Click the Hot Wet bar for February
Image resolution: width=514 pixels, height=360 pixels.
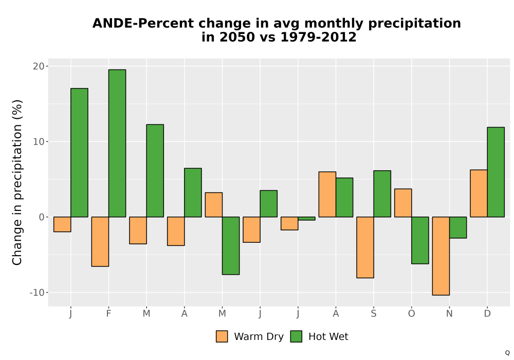(117, 143)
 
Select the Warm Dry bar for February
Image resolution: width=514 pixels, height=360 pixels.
(100, 242)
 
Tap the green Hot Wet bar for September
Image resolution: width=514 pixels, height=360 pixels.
(382, 194)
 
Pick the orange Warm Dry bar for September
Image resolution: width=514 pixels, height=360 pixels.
(365, 247)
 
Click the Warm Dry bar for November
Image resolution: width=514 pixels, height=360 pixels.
(441, 256)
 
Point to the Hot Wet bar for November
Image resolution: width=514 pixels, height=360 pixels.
(458, 227)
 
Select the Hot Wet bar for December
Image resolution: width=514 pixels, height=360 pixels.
(495, 172)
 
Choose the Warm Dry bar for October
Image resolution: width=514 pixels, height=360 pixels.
(403, 203)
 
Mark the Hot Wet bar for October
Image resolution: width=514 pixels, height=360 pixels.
(420, 240)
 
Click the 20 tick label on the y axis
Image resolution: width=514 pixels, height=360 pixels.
(39, 66)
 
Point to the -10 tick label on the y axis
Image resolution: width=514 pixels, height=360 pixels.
(37, 293)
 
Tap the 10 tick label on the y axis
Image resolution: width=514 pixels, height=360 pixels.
(39, 141)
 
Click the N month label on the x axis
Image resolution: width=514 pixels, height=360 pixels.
(449, 314)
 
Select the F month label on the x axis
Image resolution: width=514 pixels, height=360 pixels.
(108, 314)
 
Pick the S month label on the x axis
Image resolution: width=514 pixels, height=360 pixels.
(374, 314)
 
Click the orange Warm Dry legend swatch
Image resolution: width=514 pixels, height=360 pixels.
(222, 336)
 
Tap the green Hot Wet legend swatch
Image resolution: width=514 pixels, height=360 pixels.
(297, 336)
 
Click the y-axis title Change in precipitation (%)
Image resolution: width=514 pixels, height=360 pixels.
(17, 182)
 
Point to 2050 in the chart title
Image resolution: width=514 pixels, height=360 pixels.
(237, 37)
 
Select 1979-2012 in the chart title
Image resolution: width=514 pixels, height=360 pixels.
(318, 37)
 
